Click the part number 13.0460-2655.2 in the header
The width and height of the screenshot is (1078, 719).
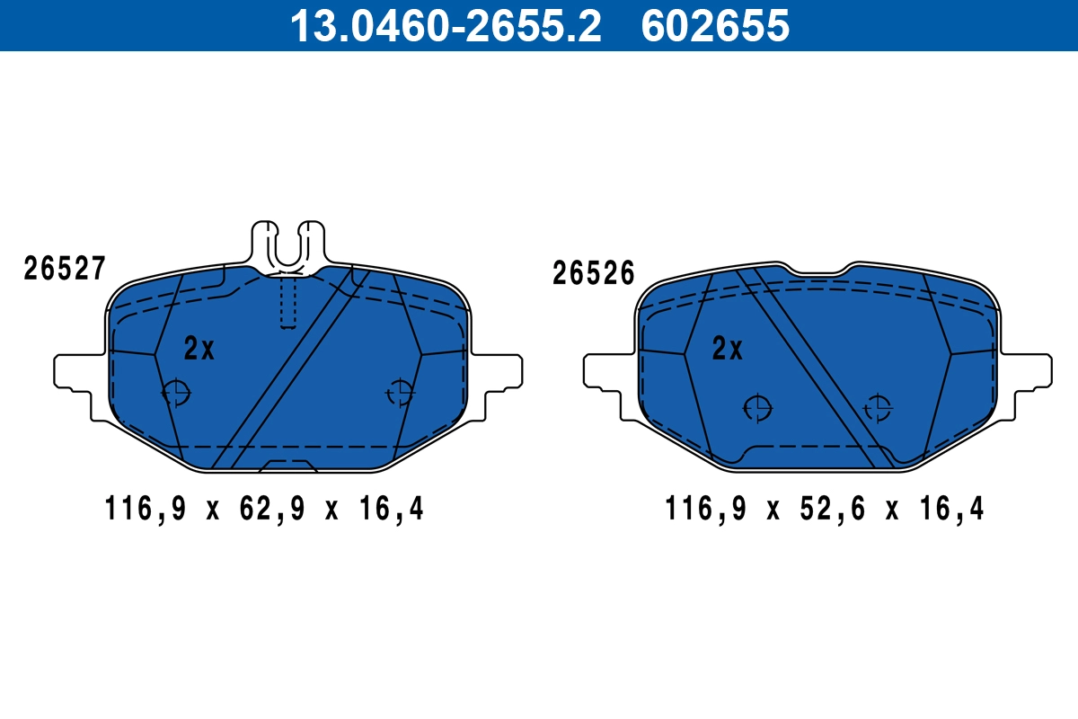445,25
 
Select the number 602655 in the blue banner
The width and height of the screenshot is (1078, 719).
714,25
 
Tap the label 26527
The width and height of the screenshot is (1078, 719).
66,268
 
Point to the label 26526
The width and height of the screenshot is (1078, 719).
594,272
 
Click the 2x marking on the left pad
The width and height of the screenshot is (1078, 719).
199,349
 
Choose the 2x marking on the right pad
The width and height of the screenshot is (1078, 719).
728,349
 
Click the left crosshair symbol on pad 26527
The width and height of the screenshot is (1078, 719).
176,393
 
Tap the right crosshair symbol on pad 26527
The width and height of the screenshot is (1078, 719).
400,393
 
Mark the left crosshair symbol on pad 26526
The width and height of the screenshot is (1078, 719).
758,408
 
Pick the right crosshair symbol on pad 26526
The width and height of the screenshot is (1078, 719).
878,408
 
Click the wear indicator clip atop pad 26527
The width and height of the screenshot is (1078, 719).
287,243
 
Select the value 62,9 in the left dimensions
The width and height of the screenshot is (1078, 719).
270,510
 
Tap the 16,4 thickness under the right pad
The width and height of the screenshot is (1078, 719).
952,510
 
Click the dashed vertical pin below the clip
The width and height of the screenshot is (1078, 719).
287,301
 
